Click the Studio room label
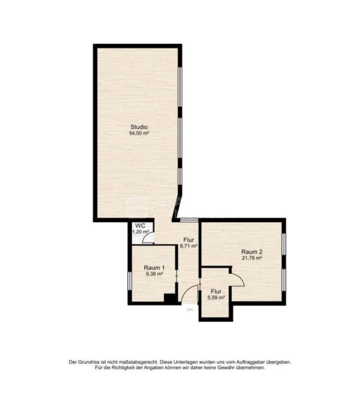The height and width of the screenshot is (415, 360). [139, 127]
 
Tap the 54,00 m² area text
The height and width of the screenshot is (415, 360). [139, 133]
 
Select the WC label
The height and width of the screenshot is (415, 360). [140, 226]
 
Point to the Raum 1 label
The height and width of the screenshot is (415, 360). [154, 268]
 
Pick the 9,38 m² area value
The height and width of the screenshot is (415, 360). [154, 274]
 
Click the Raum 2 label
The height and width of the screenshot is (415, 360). [252, 252]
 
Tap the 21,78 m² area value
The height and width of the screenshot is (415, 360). [252, 258]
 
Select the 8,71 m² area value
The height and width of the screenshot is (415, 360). [189, 246]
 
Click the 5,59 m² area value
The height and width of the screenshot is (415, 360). [216, 297]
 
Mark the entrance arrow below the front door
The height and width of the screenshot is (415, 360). [189, 309]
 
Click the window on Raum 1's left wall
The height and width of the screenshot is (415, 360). [130, 281]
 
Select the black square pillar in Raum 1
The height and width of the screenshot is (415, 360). [170, 298]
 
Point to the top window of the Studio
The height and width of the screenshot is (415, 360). [180, 87]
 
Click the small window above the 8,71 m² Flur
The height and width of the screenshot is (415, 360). [189, 219]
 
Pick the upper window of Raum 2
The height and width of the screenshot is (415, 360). [284, 244]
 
